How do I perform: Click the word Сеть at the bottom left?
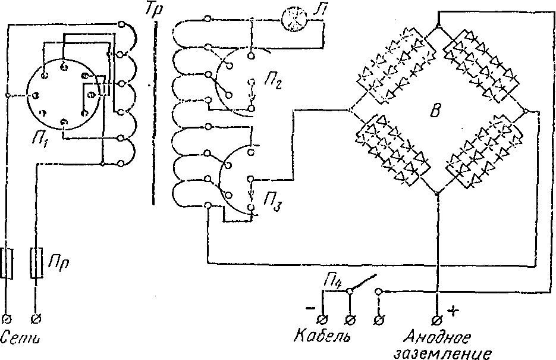[22, 339]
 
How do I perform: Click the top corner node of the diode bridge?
[438, 27]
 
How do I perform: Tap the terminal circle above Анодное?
[438, 319]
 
